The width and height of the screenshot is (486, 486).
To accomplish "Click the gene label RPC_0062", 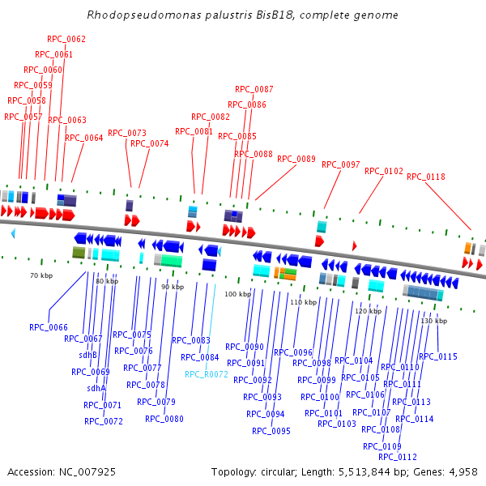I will click(x=66, y=39).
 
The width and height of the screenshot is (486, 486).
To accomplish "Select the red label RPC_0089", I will click(x=296, y=159).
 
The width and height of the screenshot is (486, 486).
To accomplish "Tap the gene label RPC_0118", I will click(x=426, y=177).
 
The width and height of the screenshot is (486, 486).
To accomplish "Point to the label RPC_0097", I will click(x=341, y=164).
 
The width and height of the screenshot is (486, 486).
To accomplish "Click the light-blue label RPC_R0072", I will click(x=207, y=374).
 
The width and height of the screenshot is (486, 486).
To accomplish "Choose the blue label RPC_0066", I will click(x=49, y=327).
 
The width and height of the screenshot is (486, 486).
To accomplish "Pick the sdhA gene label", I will click(x=96, y=388).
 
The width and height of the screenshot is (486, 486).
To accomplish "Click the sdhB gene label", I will click(x=87, y=355).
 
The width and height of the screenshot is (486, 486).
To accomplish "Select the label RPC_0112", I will click(x=398, y=457).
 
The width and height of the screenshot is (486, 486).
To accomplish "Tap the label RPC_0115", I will click(x=438, y=356).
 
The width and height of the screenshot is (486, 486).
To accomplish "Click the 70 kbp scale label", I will click(x=40, y=276).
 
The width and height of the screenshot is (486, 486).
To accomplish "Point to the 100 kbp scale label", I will click(x=237, y=294).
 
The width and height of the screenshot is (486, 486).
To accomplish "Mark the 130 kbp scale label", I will click(x=434, y=321).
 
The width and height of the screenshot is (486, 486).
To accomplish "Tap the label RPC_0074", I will click(x=150, y=143).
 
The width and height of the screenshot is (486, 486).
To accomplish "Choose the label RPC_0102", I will click(x=384, y=171).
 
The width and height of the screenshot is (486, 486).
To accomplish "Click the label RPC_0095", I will click(x=271, y=431).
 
